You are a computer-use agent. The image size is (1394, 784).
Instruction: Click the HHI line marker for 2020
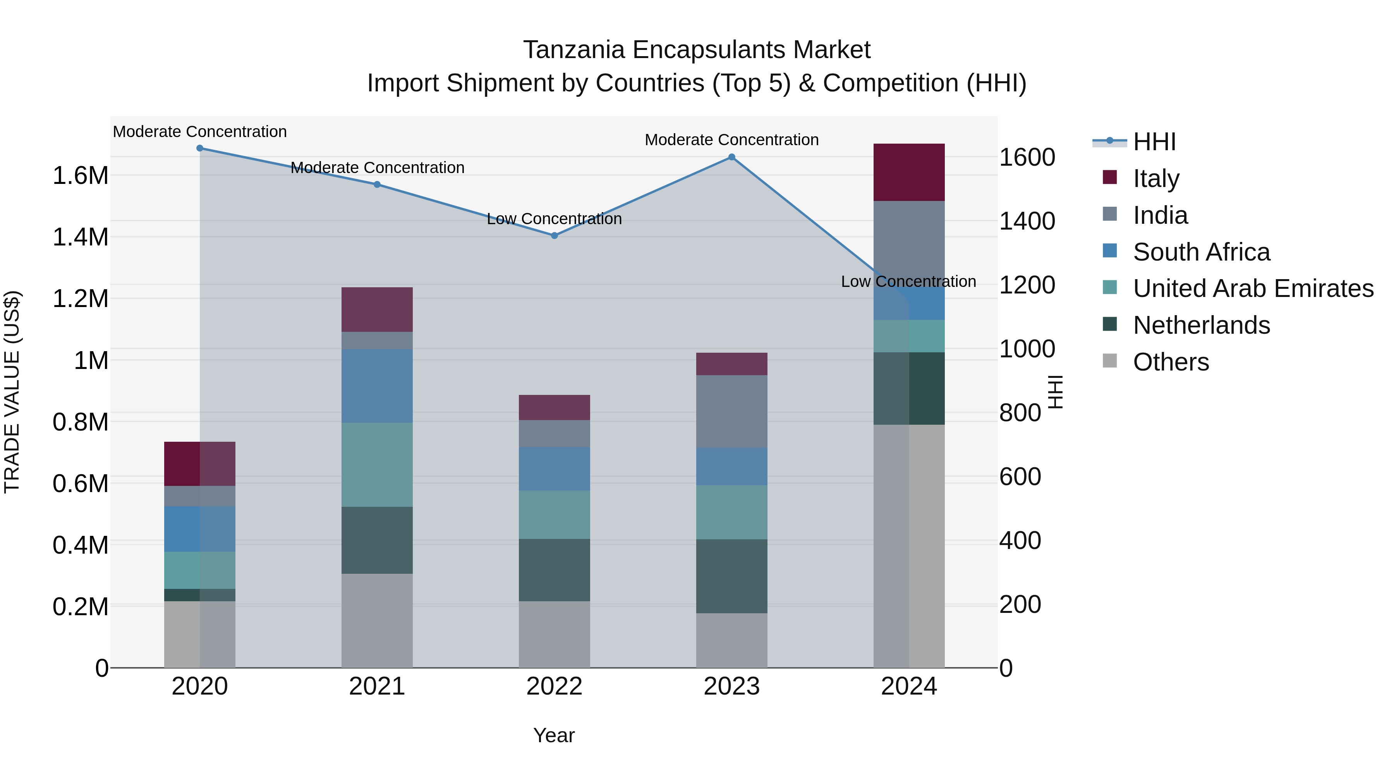[200, 148]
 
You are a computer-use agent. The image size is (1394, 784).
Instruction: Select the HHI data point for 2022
[554, 235]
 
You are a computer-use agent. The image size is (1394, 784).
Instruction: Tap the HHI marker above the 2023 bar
[731, 157]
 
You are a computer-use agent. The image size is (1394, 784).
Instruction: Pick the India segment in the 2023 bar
[731, 411]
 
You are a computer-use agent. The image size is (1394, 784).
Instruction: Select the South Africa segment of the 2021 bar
[377, 385]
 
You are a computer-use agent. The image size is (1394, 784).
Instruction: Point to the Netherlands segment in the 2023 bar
[731, 576]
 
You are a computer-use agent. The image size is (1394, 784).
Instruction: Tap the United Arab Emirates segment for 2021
[377, 464]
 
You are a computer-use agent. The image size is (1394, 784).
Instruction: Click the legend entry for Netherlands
[1201, 325]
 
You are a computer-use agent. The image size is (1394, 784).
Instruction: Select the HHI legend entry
[1154, 142]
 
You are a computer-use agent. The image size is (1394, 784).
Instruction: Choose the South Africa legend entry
[1201, 252]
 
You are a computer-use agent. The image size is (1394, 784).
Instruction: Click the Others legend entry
[1171, 362]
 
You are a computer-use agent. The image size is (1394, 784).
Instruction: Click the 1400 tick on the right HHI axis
[1027, 221]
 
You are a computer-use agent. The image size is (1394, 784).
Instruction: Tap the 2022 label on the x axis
[554, 686]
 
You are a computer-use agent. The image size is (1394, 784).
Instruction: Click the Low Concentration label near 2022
[554, 219]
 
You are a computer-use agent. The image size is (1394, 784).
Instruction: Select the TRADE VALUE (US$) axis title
[12, 392]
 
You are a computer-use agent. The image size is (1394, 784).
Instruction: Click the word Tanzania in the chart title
[574, 50]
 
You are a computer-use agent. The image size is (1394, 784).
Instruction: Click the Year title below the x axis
[554, 735]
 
